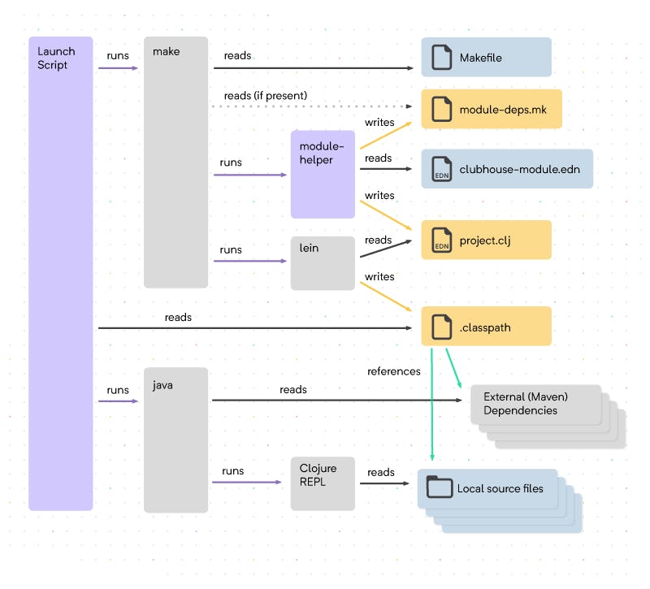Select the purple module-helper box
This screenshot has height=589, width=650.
pyautogui.click(x=323, y=174)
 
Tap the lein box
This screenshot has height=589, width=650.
pyautogui.click(x=323, y=262)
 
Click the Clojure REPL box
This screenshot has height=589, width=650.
pyautogui.click(x=323, y=483)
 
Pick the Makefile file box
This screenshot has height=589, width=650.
pyautogui.click(x=486, y=57)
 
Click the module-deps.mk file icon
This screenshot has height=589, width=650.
pyautogui.click(x=441, y=109)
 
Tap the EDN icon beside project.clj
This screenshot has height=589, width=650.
pyautogui.click(x=441, y=240)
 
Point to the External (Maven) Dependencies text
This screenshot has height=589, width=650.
pyautogui.click(x=526, y=404)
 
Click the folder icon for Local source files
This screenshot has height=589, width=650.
pyautogui.click(x=440, y=487)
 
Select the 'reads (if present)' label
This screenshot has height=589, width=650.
pyautogui.click(x=266, y=96)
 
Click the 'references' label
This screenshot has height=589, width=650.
pyautogui.click(x=394, y=371)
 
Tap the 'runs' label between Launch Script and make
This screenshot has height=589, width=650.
pyautogui.click(x=118, y=56)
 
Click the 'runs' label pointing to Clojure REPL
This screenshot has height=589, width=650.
pyautogui.click(x=232, y=471)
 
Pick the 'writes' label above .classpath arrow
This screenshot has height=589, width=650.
pyautogui.click(x=379, y=277)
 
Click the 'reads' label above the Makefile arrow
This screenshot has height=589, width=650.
pyautogui.click(x=237, y=56)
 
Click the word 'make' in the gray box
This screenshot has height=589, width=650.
pyautogui.click(x=166, y=51)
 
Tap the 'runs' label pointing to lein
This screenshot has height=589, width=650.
pyautogui.click(x=231, y=249)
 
